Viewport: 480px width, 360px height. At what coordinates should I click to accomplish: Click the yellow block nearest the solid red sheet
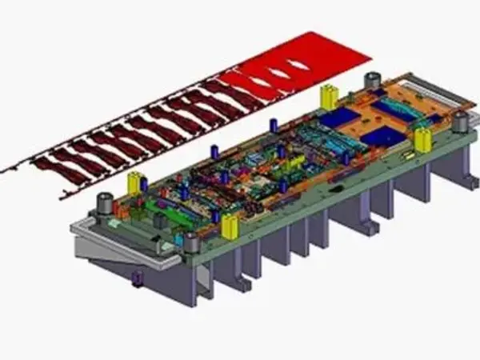pyautogui.click(x=329, y=97)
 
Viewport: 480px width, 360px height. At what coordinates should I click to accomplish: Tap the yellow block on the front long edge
pyautogui.click(x=230, y=226)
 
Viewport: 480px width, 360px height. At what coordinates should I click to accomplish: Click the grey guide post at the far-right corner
pyautogui.click(x=459, y=122)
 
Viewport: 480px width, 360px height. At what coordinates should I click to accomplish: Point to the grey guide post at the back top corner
pyautogui.click(x=371, y=82)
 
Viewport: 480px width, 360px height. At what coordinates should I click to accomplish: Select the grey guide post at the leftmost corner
pyautogui.click(x=103, y=205)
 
